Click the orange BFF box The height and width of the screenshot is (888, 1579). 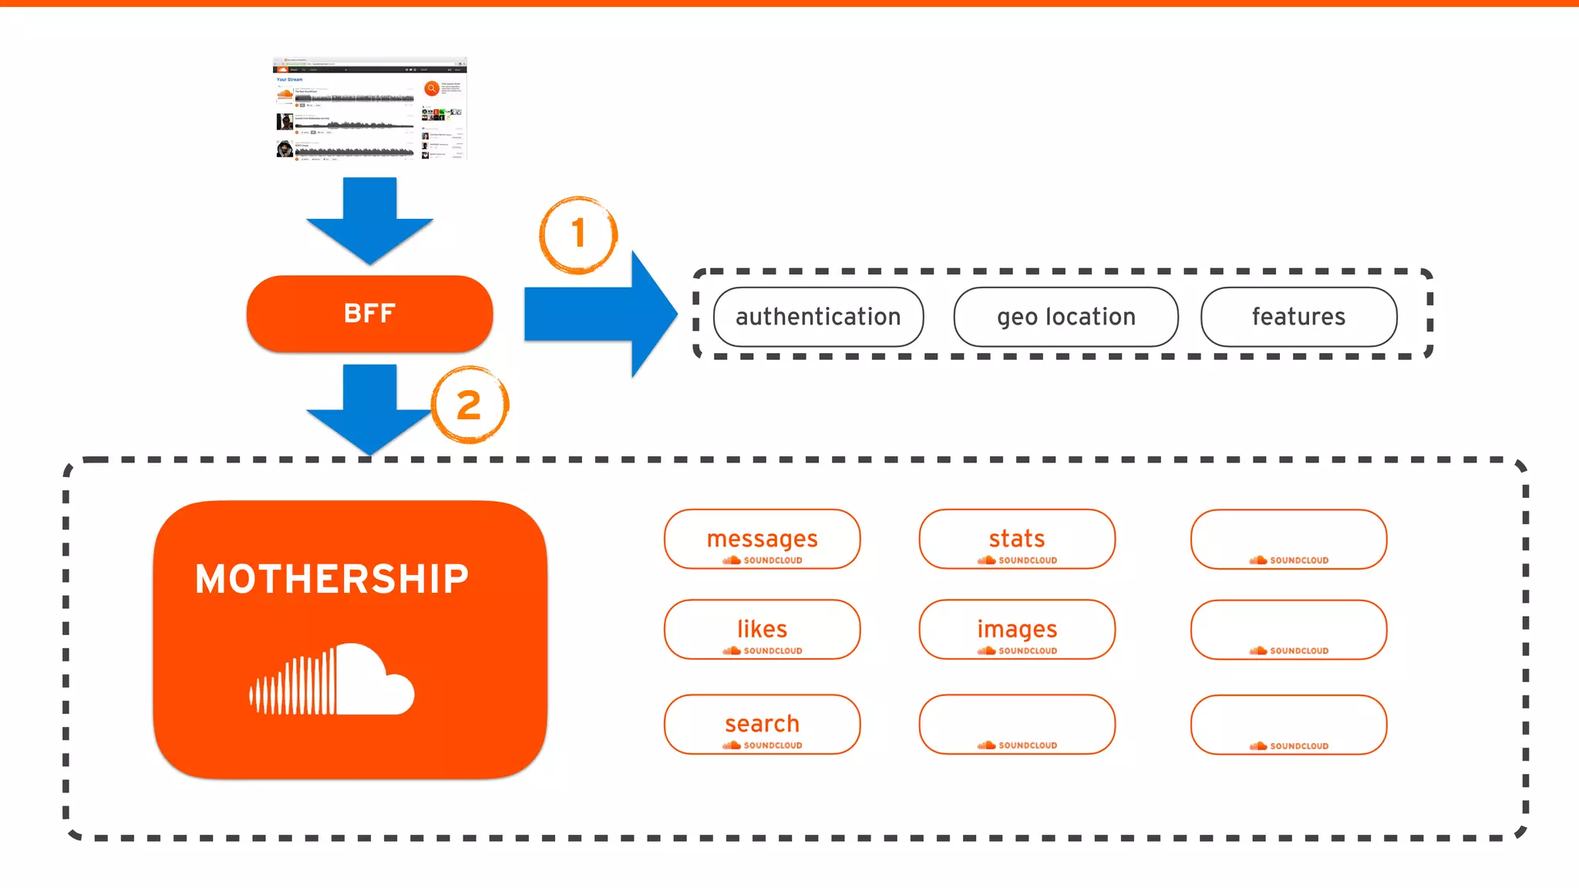tap(369, 314)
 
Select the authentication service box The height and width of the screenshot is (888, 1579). tap(818, 317)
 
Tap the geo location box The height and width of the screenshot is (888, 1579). tap(1066, 317)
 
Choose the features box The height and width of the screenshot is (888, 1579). tap(1298, 317)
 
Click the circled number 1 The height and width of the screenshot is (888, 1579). tap(578, 234)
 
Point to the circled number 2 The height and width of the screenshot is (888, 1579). tap(469, 405)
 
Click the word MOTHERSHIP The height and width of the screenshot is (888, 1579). tap(332, 579)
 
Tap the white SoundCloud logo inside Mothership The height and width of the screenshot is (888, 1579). tap(332, 680)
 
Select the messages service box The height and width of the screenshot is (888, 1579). tap(762, 539)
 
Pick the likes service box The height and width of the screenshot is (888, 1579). tap(762, 629)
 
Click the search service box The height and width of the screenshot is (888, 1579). tap(762, 724)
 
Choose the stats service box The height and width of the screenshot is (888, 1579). tap(1017, 539)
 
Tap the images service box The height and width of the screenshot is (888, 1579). tap(1017, 629)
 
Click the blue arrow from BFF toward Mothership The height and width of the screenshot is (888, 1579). tap(369, 409)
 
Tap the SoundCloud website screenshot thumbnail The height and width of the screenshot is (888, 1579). tap(369, 108)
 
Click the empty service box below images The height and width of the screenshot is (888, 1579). tap(1017, 724)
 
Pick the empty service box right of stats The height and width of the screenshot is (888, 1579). tap(1288, 539)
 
